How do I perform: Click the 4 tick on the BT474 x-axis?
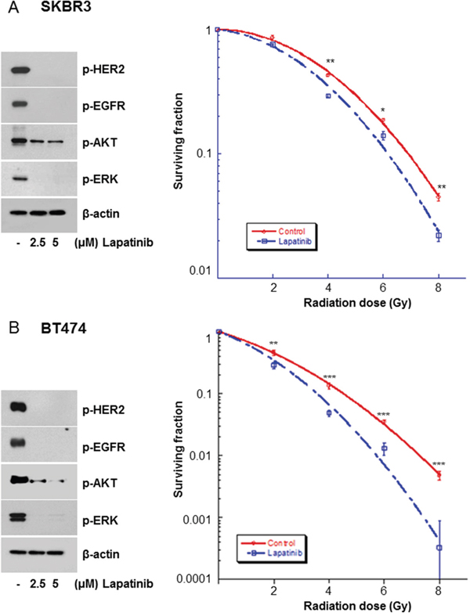click(329, 595)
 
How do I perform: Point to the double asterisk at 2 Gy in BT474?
click(274, 344)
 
